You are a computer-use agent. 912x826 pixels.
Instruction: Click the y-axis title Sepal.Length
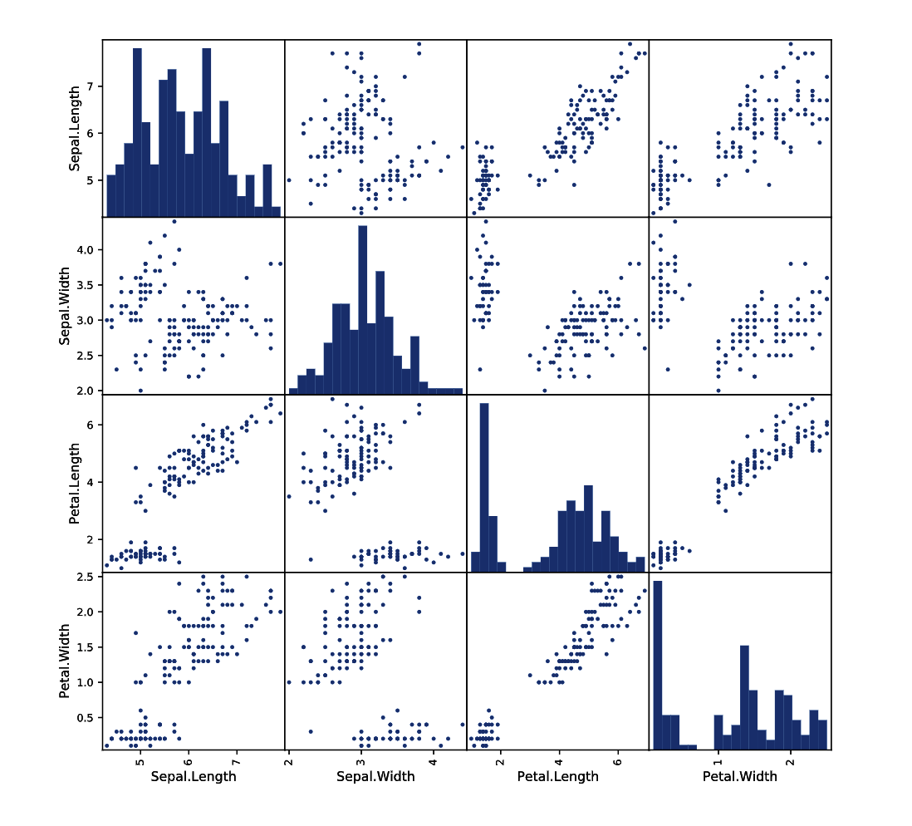point(75,129)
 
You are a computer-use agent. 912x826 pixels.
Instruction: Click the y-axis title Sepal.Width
point(64,306)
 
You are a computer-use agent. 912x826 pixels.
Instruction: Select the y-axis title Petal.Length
point(75,484)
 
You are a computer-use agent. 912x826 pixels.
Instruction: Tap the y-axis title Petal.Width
point(64,661)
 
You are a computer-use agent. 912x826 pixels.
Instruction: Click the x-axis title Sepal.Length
point(194,776)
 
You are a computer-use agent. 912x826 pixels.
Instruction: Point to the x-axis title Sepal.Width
point(375,776)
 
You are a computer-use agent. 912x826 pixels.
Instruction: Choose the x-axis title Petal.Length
point(558,776)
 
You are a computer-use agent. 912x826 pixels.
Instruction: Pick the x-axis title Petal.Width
point(740,776)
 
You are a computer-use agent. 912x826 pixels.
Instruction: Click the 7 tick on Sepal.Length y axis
point(91,86)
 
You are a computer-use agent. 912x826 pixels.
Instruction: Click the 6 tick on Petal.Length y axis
point(91,425)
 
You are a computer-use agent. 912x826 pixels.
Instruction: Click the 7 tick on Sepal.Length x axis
point(236,758)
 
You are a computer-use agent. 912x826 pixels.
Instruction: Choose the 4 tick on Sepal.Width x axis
point(433,758)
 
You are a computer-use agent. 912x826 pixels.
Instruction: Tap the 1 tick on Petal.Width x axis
point(718,758)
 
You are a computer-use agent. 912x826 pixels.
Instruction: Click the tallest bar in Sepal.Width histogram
point(363,310)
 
